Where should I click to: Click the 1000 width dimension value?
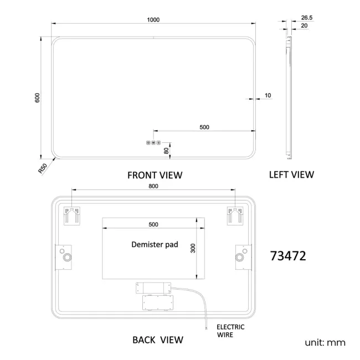coord(153,20)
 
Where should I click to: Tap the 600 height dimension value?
coord(37,98)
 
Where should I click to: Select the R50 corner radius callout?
coord(43,168)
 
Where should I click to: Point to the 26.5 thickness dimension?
coord(307,18)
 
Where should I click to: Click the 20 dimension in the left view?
coord(304,25)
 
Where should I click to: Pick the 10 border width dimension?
coord(268,95)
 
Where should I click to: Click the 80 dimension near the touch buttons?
coord(166,151)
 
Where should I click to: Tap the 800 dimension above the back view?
coord(153,186)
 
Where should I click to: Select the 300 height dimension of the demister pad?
coord(193,248)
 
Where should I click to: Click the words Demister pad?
coord(155,244)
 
